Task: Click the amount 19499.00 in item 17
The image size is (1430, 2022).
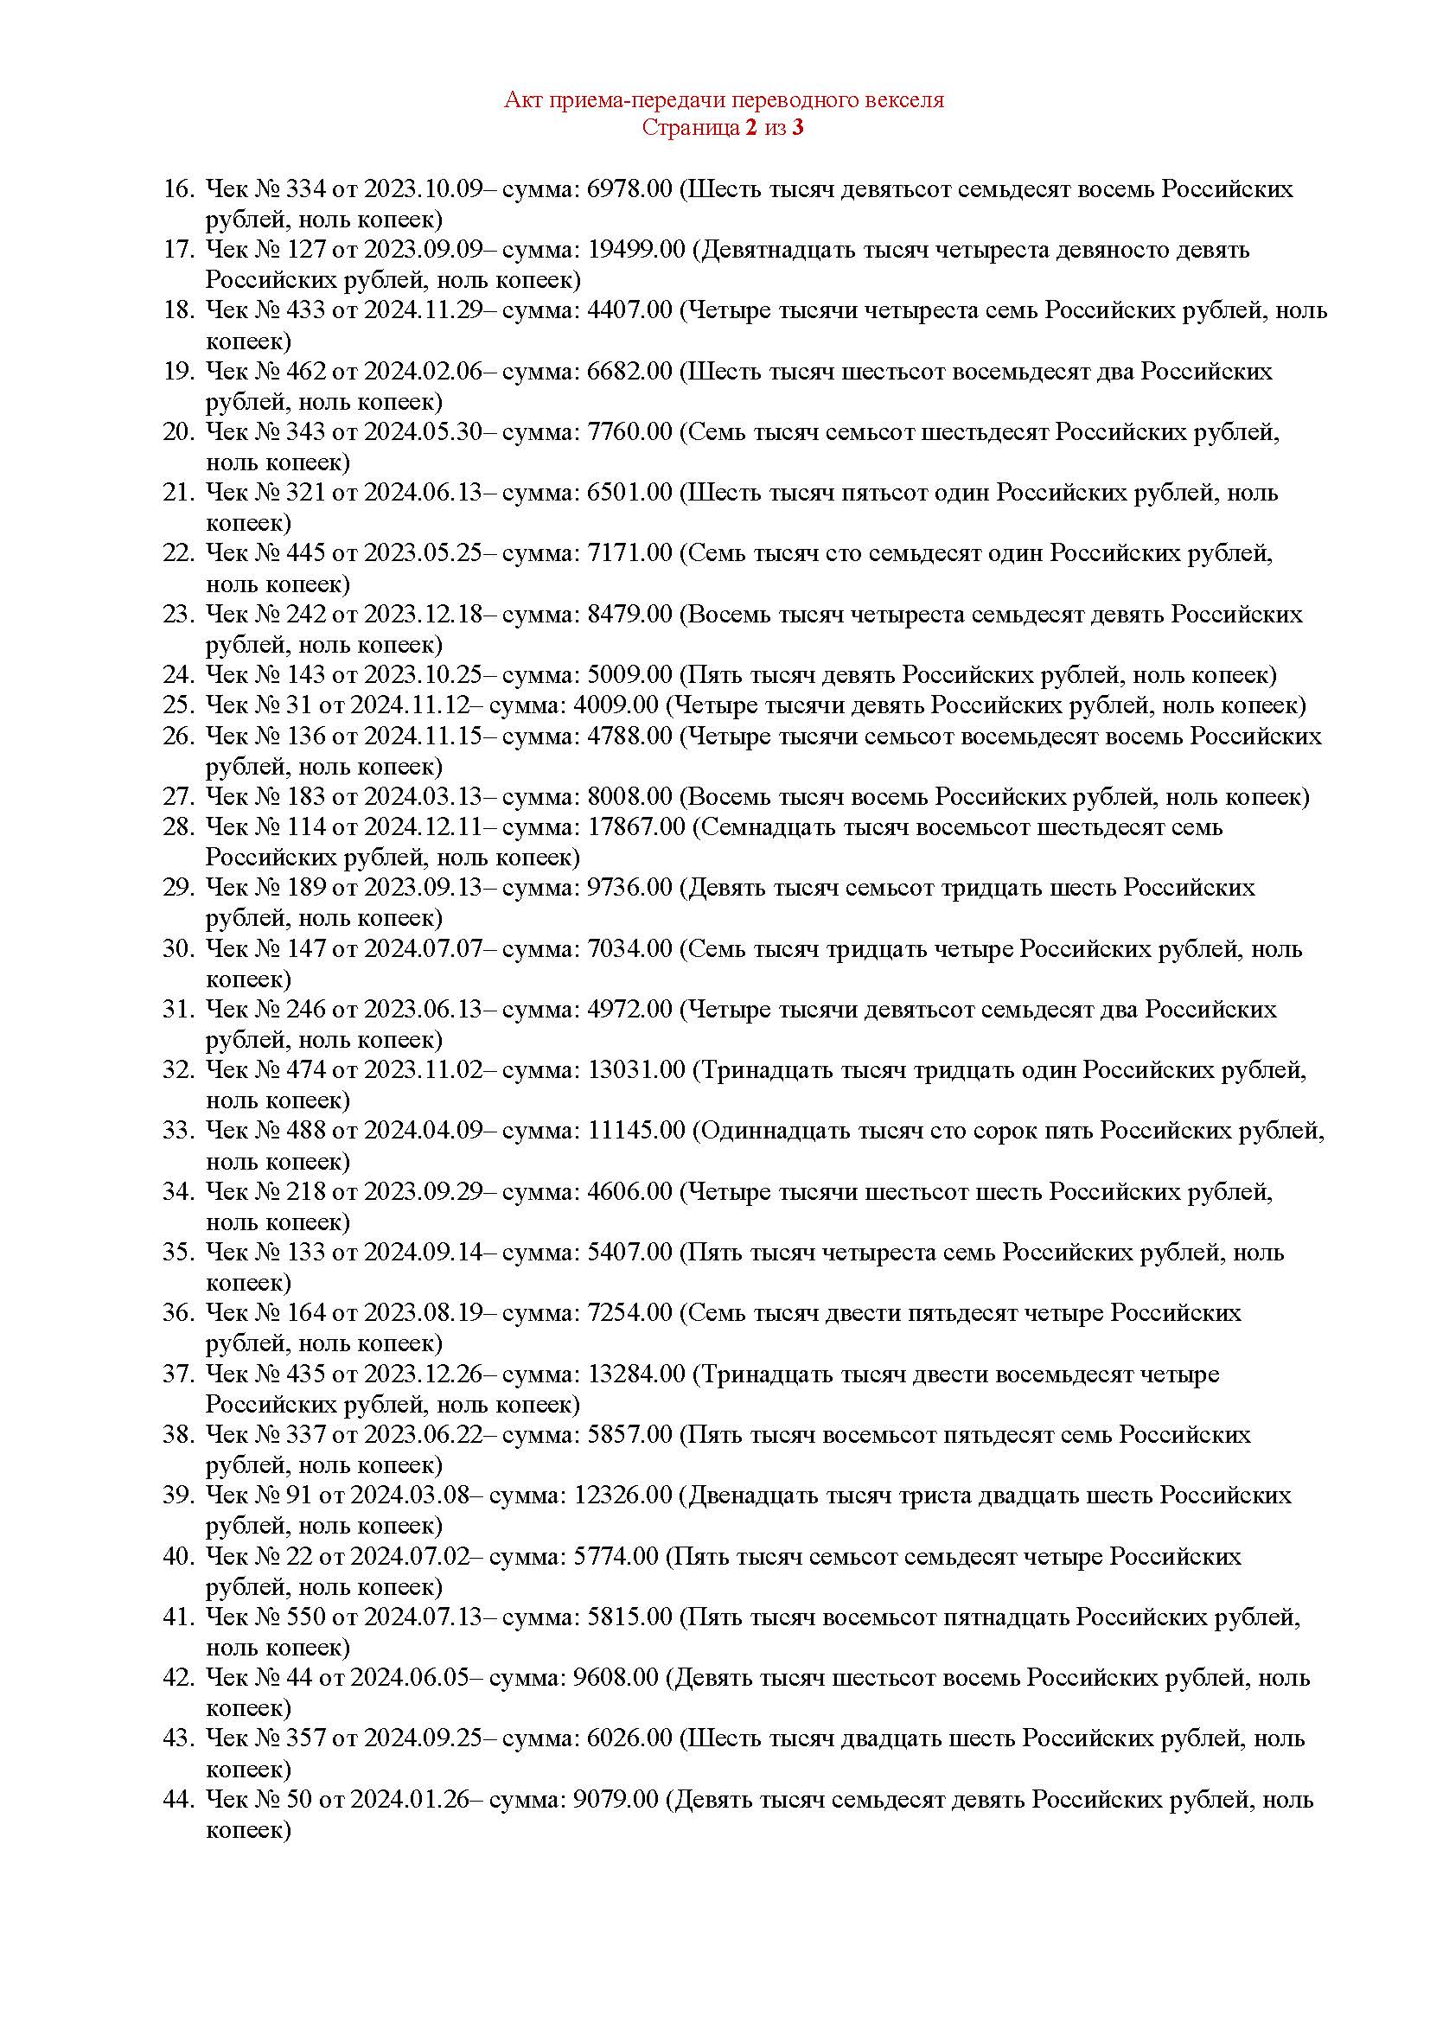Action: (x=635, y=249)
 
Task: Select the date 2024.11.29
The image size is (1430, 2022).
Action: (x=424, y=310)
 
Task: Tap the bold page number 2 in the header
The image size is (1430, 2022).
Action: (x=750, y=128)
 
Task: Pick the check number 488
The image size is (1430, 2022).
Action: (x=306, y=1130)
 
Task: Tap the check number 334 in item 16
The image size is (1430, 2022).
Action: (x=306, y=188)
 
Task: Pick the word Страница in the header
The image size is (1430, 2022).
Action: (x=690, y=128)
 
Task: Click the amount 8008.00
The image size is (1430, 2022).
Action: (x=629, y=796)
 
